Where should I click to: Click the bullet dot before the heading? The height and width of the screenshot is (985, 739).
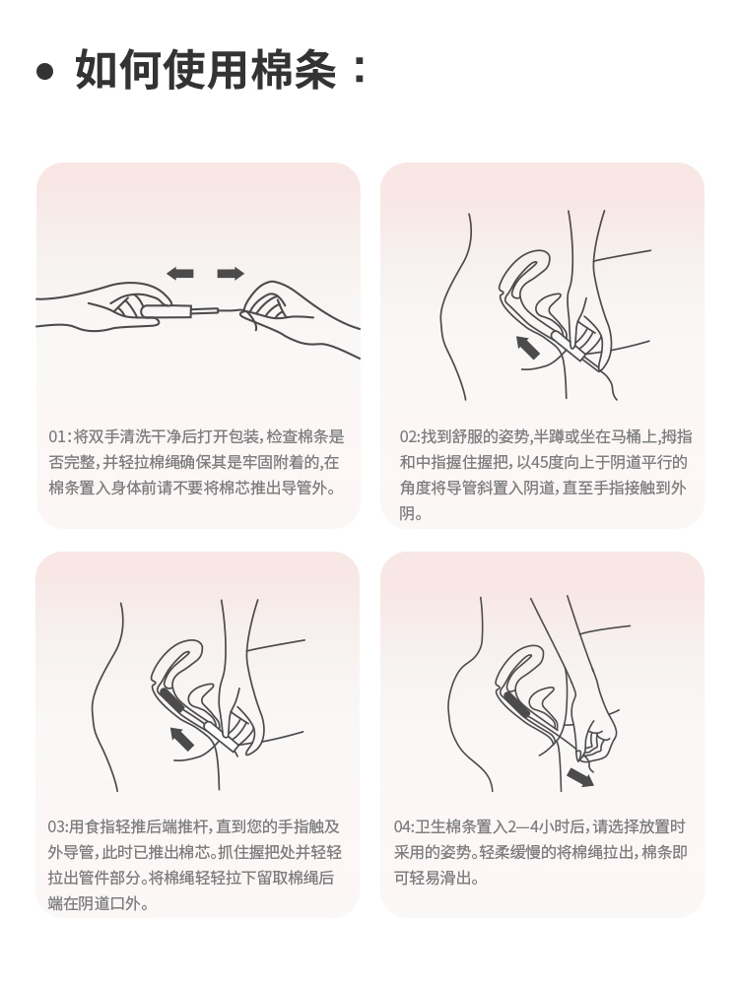(44, 71)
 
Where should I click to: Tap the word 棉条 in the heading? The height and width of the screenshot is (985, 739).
(294, 69)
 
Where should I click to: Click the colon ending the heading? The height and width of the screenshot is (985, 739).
(360, 70)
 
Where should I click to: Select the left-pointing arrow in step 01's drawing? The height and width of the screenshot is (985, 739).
(180, 273)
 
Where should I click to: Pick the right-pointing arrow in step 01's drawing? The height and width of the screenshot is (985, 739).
(230, 273)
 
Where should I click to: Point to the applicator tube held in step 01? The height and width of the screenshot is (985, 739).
(179, 310)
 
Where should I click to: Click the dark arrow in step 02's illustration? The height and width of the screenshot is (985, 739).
(528, 347)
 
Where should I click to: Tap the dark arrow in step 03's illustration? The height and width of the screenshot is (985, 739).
(182, 738)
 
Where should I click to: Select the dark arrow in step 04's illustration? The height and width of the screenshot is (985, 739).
(580, 777)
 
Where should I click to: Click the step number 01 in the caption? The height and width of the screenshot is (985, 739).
(57, 436)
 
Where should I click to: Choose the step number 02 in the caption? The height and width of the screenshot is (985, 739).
(408, 436)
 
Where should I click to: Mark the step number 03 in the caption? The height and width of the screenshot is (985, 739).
(56, 826)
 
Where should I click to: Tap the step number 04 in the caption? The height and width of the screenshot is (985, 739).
(402, 826)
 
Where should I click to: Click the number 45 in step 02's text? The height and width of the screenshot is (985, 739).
(539, 462)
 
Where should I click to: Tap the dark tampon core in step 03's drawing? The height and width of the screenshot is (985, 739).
(170, 698)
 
